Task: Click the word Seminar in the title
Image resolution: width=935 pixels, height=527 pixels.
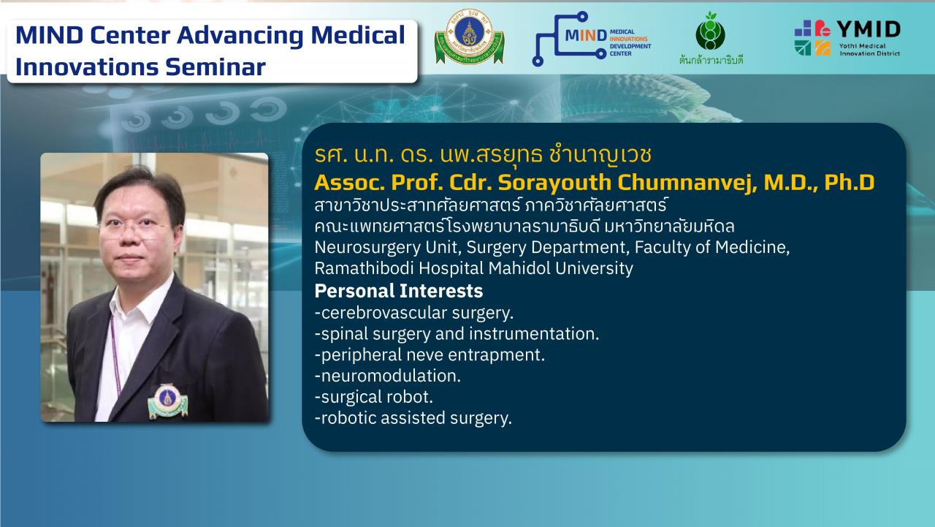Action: pyautogui.click(x=215, y=67)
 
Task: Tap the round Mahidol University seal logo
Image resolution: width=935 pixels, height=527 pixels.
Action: pyautogui.click(x=470, y=37)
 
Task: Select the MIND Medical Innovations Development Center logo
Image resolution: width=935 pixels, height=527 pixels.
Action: pyautogui.click(x=592, y=39)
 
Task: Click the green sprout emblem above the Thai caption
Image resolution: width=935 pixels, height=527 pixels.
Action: pyautogui.click(x=711, y=31)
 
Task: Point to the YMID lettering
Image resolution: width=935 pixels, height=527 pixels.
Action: pyautogui.click(x=869, y=30)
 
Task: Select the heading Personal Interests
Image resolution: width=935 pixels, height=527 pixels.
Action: pyautogui.click(x=399, y=291)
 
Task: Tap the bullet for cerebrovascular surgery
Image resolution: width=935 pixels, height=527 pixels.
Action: pyautogui.click(x=414, y=313)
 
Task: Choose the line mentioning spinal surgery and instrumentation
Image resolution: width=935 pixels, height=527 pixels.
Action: pyautogui.click(x=457, y=334)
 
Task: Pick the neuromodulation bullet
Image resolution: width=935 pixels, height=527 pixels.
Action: pyautogui.click(x=388, y=376)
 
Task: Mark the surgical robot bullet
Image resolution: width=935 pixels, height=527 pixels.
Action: pyautogui.click(x=373, y=397)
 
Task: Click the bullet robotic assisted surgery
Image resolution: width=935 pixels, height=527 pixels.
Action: pyautogui.click(x=413, y=418)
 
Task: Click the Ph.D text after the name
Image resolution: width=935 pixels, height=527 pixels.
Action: pyautogui.click(x=849, y=183)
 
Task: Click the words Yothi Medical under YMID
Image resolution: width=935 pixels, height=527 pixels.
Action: pyautogui.click(x=862, y=46)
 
